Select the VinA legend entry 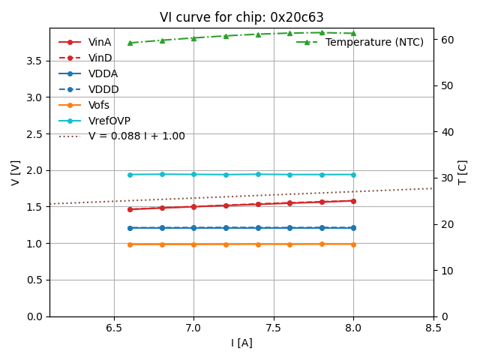click(x=100, y=43)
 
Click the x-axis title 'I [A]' click(x=241, y=343)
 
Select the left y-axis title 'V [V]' click(x=16, y=172)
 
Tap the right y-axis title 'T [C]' click(x=463, y=172)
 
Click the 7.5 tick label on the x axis click(x=274, y=328)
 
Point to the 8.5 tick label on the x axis click(x=433, y=328)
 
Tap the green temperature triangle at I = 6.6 click(x=130, y=43)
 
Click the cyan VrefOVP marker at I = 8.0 click(x=353, y=175)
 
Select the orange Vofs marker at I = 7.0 click(x=193, y=244)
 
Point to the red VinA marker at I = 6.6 click(x=130, y=209)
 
